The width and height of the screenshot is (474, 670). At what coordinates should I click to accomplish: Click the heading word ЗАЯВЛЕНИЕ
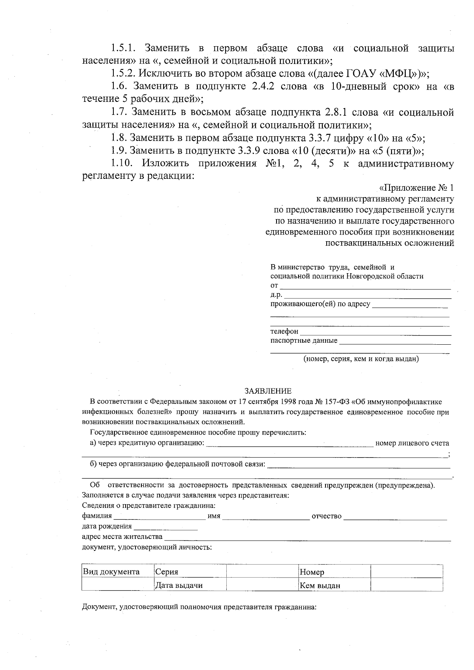pyautogui.click(x=267, y=391)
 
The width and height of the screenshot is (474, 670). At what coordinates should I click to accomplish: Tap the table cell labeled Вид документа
pyautogui.click(x=111, y=572)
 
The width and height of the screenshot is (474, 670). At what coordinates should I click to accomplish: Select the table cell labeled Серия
pyautogui.click(x=167, y=572)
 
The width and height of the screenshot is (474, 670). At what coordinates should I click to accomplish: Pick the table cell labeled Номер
pyautogui.click(x=312, y=572)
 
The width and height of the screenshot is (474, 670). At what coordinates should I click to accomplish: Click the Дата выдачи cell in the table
pyautogui.click(x=179, y=585)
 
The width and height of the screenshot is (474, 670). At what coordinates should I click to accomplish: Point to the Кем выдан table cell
pyautogui.click(x=320, y=586)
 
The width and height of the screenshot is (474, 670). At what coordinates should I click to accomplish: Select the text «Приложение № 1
pyautogui.click(x=416, y=188)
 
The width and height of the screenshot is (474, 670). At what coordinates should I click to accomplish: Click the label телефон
pyautogui.click(x=284, y=332)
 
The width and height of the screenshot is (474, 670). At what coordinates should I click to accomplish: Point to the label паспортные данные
pyautogui.click(x=304, y=340)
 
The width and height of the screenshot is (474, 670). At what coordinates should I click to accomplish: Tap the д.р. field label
pyautogui.click(x=276, y=295)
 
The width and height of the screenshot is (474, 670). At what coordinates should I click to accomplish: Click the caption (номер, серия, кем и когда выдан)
pyautogui.click(x=361, y=359)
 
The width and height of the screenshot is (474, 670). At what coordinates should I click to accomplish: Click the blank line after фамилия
pyautogui.click(x=159, y=517)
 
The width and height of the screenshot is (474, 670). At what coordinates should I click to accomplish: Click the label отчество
pyautogui.click(x=326, y=516)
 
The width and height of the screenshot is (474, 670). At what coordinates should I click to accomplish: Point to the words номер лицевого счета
pyautogui.click(x=412, y=443)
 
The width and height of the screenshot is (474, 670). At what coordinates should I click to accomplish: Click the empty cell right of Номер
pyautogui.click(x=406, y=572)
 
